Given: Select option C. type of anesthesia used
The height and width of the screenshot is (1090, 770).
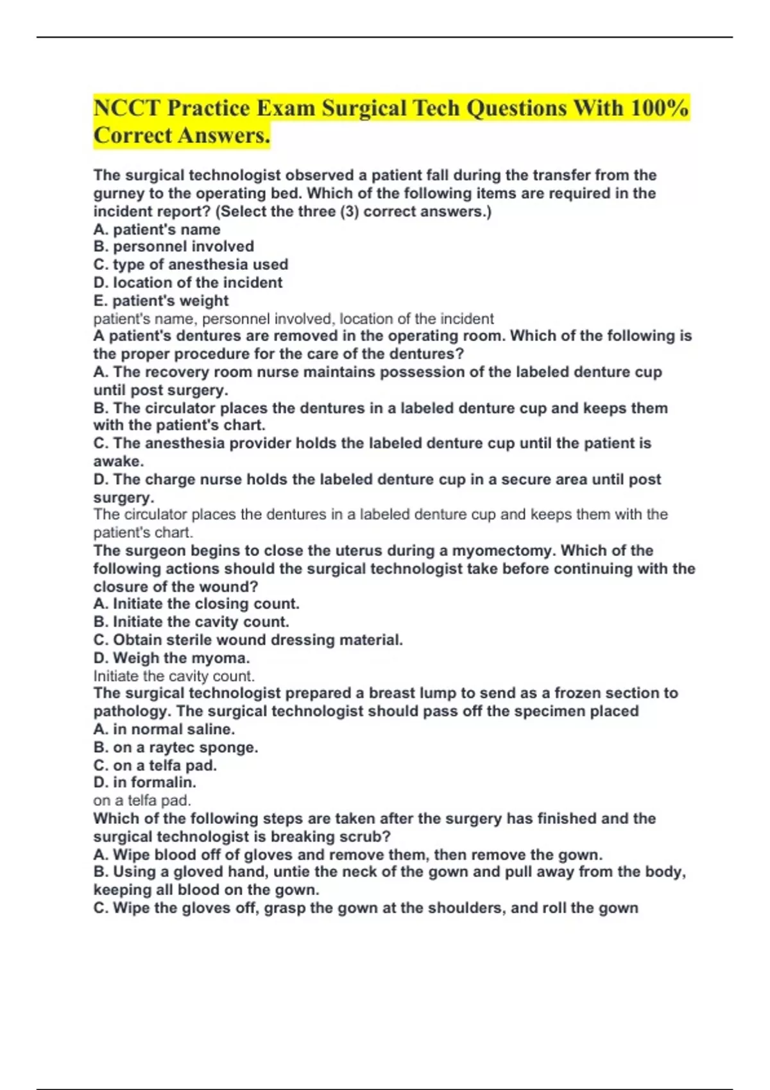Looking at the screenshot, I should [x=191, y=264].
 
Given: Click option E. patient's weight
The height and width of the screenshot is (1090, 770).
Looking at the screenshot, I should [x=161, y=301].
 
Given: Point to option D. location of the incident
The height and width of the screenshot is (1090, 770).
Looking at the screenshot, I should [x=187, y=283].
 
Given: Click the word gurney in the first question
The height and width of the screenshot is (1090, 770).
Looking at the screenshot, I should [x=117, y=194].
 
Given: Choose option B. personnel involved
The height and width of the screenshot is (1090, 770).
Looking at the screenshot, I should [x=173, y=246].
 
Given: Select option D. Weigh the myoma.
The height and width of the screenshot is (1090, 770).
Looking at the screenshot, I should [x=171, y=658].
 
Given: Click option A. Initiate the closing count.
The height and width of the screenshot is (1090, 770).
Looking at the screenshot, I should [x=196, y=604].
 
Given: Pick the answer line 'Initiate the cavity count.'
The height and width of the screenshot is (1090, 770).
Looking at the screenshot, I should [x=174, y=676].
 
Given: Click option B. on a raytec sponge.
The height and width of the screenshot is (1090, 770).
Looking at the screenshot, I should [x=176, y=748].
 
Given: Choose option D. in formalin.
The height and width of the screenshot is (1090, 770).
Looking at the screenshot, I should [x=145, y=782].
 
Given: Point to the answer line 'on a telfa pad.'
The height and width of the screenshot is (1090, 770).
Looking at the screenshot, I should [x=142, y=800].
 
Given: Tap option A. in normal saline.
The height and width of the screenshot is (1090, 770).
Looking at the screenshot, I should [x=164, y=730].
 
